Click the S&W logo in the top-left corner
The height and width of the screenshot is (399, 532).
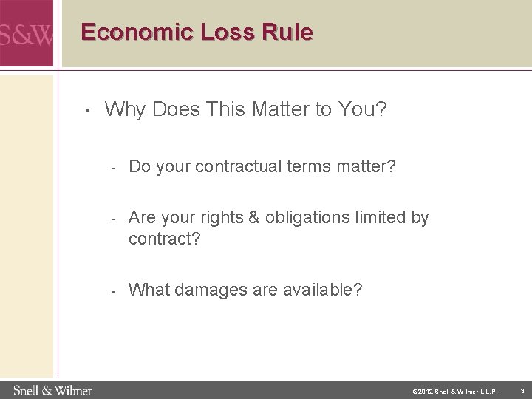coord(26,34)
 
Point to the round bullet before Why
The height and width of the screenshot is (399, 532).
coord(87,112)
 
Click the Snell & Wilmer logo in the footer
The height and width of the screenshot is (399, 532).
coord(52,389)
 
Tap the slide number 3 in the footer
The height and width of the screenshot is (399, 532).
coord(521,390)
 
